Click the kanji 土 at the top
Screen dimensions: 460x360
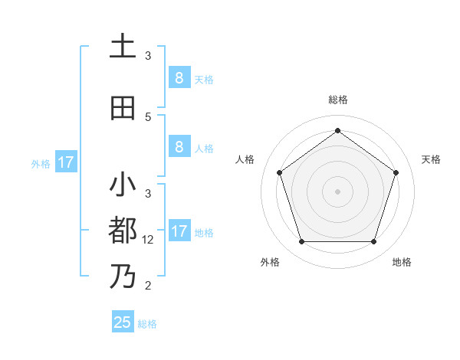(123, 47)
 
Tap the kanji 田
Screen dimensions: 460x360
(123, 108)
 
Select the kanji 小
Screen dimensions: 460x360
(123, 185)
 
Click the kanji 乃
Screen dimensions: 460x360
(123, 275)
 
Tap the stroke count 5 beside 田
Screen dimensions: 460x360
(149, 117)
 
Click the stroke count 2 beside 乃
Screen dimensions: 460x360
(149, 286)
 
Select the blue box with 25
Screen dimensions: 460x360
(123, 322)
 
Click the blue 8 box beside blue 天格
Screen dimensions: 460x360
(179, 78)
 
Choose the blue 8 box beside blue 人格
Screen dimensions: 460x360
(179, 147)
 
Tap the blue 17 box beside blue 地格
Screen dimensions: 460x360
(179, 231)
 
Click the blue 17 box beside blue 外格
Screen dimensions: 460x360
(65, 162)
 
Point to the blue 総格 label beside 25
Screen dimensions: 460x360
(147, 324)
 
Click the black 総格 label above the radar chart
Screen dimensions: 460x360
(338, 100)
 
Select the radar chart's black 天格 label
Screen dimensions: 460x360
(431, 159)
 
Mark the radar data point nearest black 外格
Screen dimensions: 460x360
(301, 242)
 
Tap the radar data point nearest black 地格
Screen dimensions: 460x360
(374, 242)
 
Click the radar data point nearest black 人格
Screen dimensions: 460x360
(279, 172)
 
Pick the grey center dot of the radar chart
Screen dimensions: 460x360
(338, 191)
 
